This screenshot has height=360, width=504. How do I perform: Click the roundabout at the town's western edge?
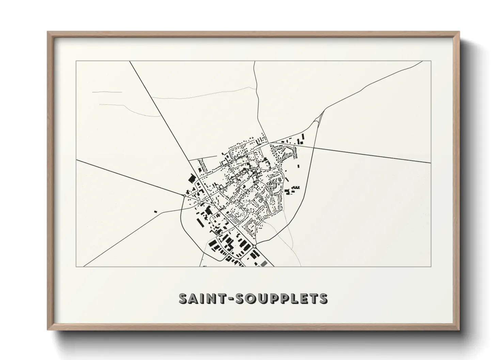tap(184, 196)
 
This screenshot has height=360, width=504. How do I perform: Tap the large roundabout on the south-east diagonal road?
tap(254, 246)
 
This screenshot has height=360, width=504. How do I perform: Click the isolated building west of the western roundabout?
tap(156, 211)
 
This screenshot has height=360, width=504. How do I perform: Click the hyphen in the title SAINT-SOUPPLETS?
tap(221, 298)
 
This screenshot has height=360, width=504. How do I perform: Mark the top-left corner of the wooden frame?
tap(48, 32)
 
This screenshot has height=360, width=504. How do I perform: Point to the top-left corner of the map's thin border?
tap(76, 61)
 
